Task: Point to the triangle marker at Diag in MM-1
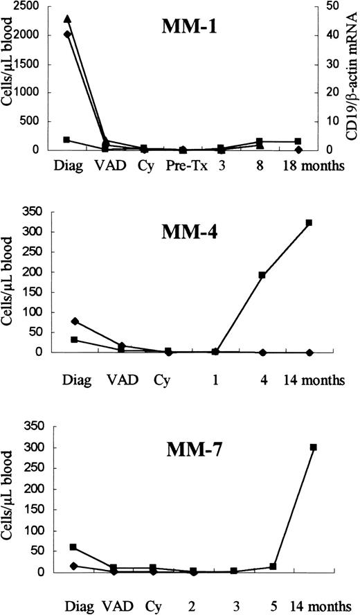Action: point(67,19)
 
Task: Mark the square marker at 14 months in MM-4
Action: point(309,223)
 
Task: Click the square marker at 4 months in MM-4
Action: point(262,275)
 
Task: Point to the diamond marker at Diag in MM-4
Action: point(75,321)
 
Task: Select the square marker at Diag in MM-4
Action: point(75,339)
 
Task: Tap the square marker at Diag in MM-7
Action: point(73,547)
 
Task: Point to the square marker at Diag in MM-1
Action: point(67,139)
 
